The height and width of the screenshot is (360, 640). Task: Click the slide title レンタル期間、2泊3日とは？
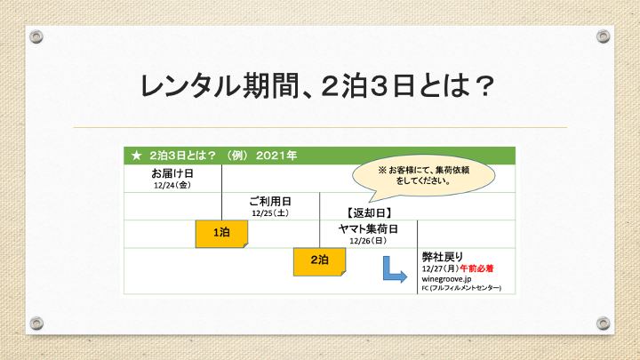(317, 85)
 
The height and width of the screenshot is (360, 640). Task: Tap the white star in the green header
(136, 156)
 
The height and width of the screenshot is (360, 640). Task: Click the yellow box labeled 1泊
(221, 234)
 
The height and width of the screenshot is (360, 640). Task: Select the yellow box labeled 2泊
(320, 261)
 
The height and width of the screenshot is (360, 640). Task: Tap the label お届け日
(172, 173)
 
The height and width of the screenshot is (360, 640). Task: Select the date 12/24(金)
(172, 185)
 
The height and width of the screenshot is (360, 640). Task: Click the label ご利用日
(270, 201)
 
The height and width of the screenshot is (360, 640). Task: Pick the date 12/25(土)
(270, 213)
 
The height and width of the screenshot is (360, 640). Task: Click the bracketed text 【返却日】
(369, 212)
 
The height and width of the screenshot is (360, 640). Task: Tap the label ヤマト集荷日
(368, 229)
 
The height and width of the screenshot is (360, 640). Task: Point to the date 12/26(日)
(368, 241)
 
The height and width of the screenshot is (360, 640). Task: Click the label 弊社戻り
(443, 257)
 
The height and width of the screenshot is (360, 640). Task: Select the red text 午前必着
(476, 268)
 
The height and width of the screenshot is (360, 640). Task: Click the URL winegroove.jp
(446, 279)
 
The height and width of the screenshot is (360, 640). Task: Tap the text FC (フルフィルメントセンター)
(461, 288)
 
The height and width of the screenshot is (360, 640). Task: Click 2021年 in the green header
(276, 156)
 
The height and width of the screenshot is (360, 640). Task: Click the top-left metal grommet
(36, 36)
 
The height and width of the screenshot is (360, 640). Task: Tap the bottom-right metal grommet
(604, 324)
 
